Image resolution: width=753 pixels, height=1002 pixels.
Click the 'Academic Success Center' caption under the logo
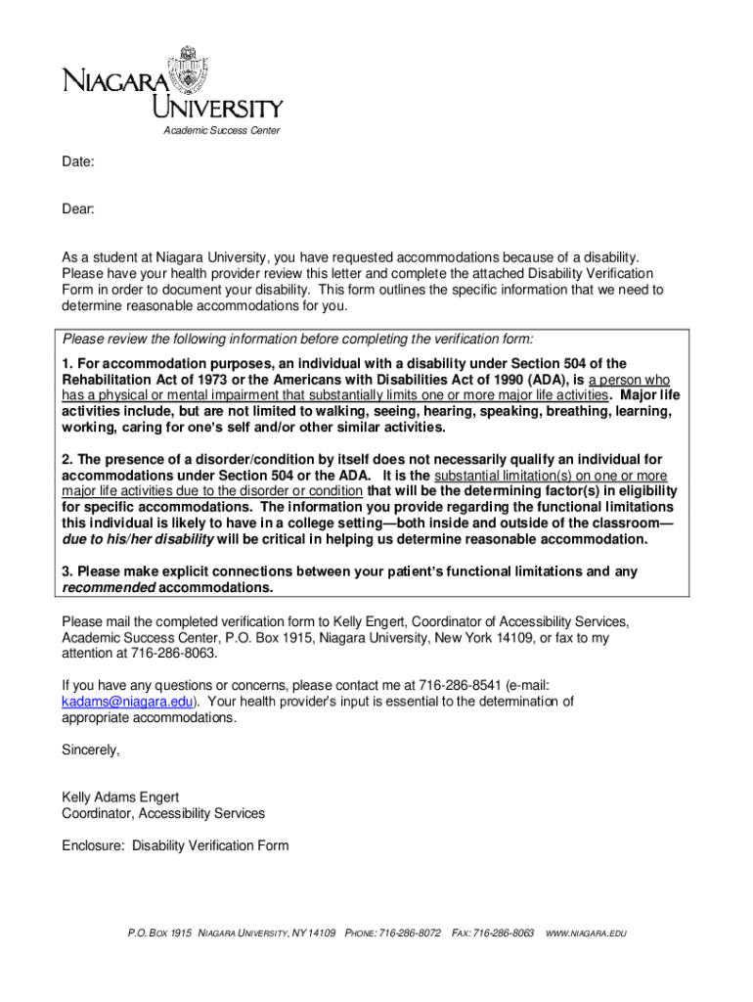[x=221, y=130]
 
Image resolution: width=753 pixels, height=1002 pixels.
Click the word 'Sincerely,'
[x=91, y=750]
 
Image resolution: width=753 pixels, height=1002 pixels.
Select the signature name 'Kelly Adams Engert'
[x=120, y=797]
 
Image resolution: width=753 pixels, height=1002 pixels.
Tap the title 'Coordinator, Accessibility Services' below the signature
[x=163, y=814]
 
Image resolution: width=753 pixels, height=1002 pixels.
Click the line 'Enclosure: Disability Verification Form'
[x=175, y=845]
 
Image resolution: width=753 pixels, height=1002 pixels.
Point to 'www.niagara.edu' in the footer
[x=585, y=934]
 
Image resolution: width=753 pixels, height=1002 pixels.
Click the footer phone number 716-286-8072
[x=410, y=934]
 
